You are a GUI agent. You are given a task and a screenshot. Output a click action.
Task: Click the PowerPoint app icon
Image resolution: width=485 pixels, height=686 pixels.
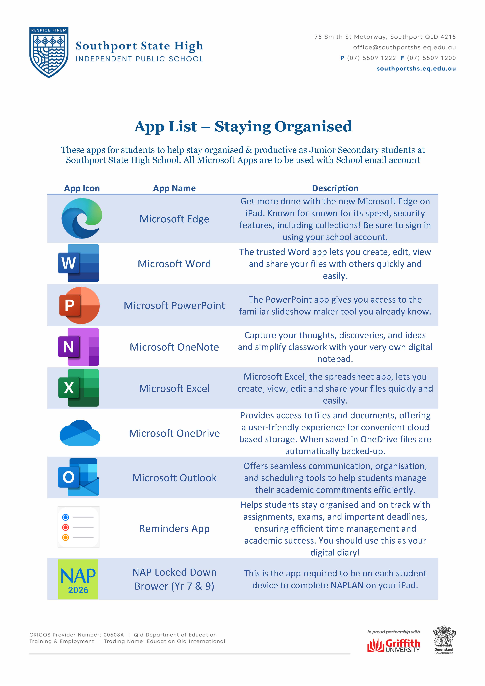tap(79, 305)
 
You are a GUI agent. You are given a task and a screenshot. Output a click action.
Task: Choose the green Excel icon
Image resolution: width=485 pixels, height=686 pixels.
tap(78, 388)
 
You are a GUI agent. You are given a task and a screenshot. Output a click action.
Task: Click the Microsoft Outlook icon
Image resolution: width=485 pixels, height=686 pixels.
tap(78, 477)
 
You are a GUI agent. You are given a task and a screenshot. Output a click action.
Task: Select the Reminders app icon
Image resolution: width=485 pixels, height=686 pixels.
tap(78, 527)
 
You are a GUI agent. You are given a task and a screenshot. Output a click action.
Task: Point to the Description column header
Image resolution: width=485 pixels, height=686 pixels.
tap(335, 188)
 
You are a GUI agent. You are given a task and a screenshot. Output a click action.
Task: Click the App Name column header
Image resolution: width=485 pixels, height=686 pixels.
tap(174, 188)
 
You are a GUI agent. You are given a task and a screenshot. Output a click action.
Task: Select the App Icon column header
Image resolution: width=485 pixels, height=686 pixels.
tap(82, 188)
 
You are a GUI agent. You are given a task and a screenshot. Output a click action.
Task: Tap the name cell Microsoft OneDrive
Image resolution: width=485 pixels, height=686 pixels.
tap(174, 433)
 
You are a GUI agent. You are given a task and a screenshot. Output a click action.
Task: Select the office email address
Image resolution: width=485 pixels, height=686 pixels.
tap(404, 47)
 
